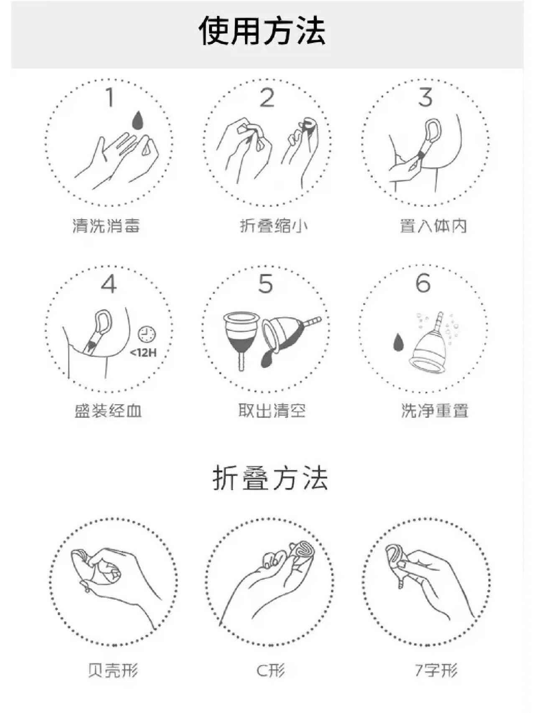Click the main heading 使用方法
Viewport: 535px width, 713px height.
pyautogui.click(x=262, y=31)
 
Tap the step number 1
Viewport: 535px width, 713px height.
pyautogui.click(x=110, y=98)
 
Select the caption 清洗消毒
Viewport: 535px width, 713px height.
pyautogui.click(x=106, y=226)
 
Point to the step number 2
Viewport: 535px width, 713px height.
pyautogui.click(x=267, y=98)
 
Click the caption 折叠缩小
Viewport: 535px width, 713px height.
pyautogui.click(x=274, y=226)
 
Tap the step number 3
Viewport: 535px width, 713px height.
pyautogui.click(x=425, y=97)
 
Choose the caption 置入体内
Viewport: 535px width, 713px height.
pyautogui.click(x=433, y=226)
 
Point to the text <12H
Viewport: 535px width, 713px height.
pyautogui.click(x=143, y=353)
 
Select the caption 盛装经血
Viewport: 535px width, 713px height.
pyautogui.click(x=108, y=411)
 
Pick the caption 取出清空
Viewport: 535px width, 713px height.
pyautogui.click(x=272, y=411)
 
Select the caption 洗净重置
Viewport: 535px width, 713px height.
pyautogui.click(x=435, y=411)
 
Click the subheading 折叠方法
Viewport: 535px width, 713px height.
pyautogui.click(x=270, y=479)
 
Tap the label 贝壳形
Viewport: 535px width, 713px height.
pyautogui.click(x=113, y=670)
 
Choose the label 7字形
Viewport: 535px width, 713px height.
pyautogui.click(x=436, y=670)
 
